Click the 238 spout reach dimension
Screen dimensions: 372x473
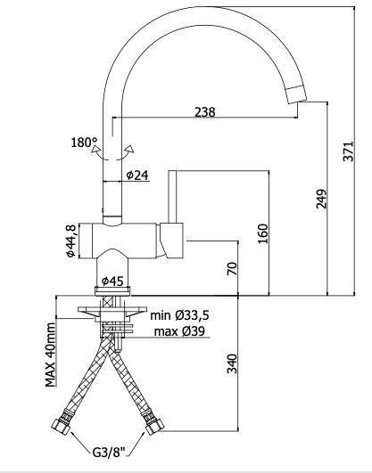(205, 112)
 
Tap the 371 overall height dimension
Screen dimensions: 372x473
(348, 151)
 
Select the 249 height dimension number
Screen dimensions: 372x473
(321, 199)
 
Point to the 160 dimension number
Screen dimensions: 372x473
(262, 233)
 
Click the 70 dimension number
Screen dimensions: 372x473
(232, 269)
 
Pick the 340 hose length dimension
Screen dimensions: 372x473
(232, 363)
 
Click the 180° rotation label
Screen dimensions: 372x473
(84, 143)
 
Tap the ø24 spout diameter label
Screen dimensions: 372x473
(137, 175)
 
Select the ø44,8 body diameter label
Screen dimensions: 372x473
(70, 241)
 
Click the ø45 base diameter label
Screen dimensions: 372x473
(112, 281)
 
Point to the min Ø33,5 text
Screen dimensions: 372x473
(179, 315)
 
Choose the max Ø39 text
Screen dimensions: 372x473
(179, 331)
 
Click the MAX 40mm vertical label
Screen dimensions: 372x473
(51, 355)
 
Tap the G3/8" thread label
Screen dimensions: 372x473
(109, 453)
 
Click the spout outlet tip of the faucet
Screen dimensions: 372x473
(296, 94)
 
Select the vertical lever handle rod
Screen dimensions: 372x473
(172, 197)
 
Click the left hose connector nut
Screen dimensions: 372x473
(62, 426)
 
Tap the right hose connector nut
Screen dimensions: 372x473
(154, 426)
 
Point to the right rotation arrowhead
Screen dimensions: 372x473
(130, 149)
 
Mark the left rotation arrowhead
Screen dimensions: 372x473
(95, 150)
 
